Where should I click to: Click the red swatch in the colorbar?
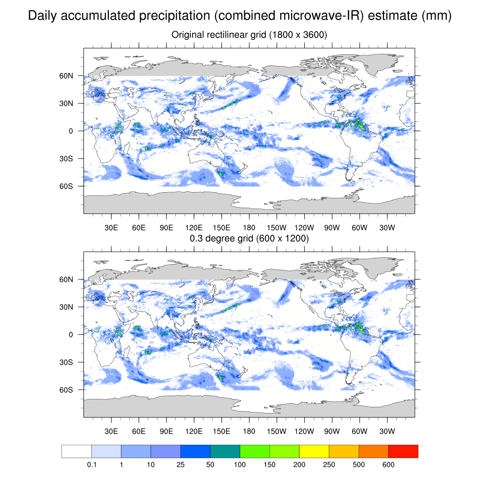[403, 451]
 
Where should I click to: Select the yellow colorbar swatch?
[314, 451]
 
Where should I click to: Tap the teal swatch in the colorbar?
[225, 451]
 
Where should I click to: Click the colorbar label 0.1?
[91, 465]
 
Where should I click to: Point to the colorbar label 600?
[389, 465]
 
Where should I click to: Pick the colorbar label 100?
[240, 465]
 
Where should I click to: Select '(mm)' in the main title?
[437, 16]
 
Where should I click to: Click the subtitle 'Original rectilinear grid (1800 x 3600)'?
[249, 35]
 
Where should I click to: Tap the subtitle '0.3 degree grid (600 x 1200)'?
[249, 239]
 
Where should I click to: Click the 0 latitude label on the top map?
[71, 131]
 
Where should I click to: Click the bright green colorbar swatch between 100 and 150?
[255, 451]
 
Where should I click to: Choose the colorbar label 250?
[329, 465]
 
